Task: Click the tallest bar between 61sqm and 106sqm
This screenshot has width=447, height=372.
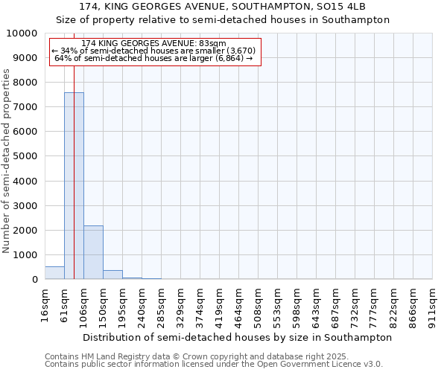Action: [74, 186]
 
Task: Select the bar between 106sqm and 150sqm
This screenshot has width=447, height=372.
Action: [93, 252]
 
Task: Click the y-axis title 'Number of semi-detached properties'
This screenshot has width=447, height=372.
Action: [7, 161]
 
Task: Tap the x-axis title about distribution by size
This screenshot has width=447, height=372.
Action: [237, 337]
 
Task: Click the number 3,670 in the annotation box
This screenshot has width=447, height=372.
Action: [241, 51]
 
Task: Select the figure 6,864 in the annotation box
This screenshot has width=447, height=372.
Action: [228, 58]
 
